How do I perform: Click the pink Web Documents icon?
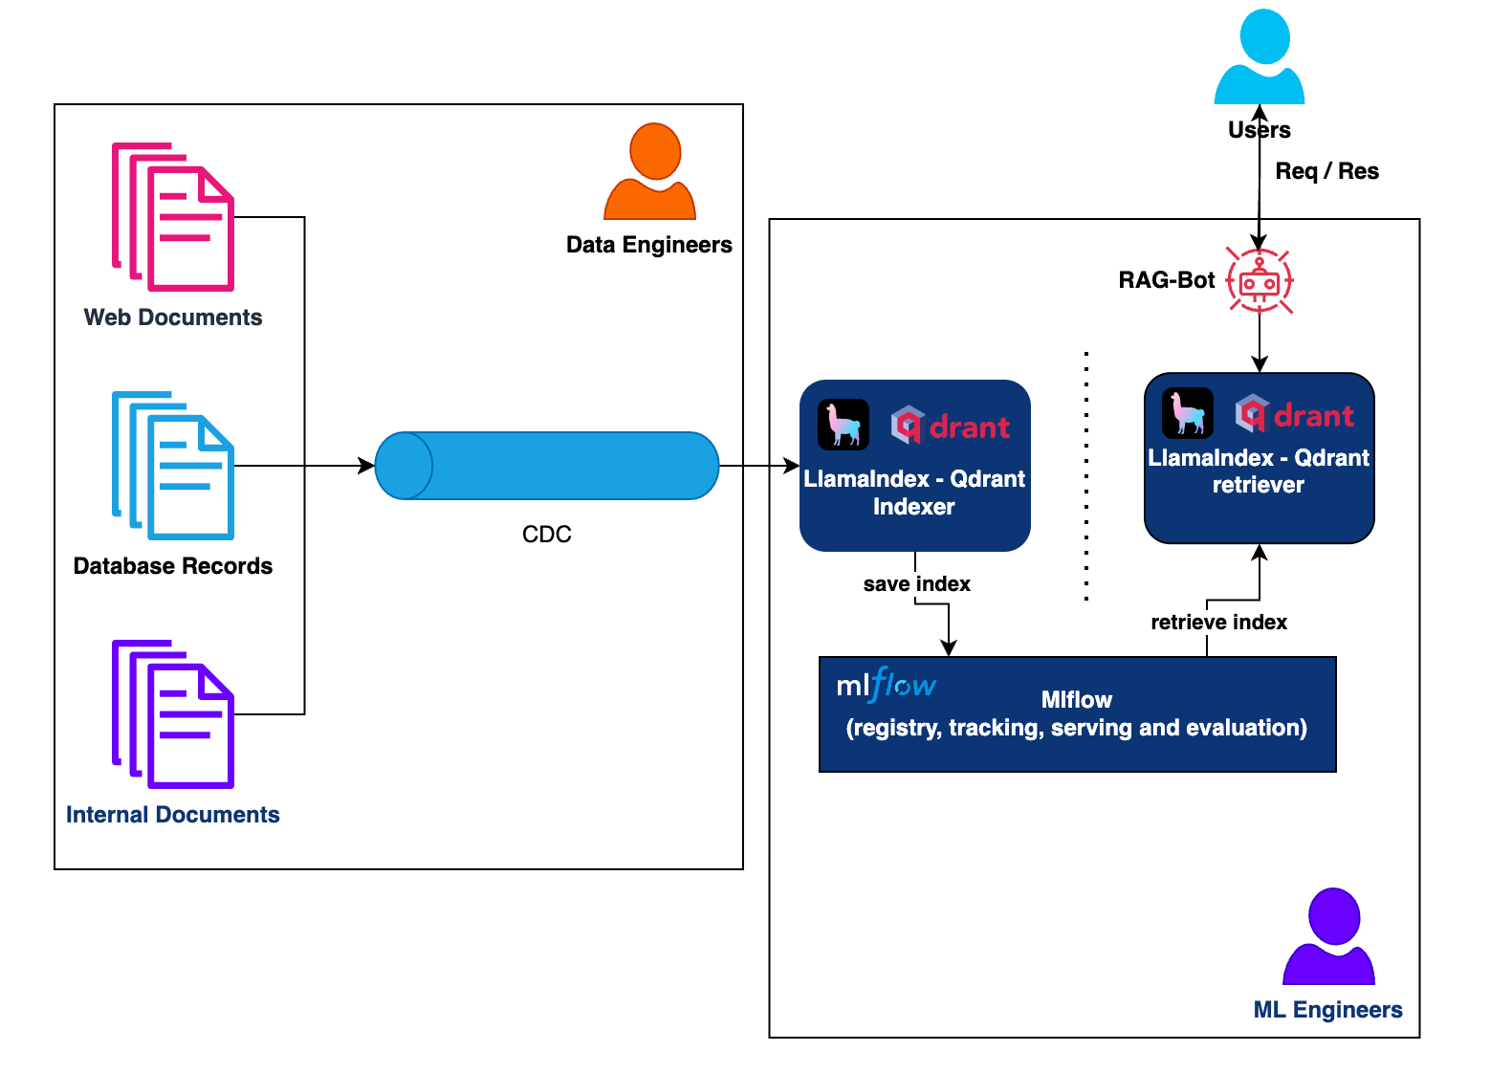[173, 217]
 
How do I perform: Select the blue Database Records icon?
[173, 466]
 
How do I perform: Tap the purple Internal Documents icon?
[173, 714]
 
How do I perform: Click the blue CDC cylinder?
[547, 466]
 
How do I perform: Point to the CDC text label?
[547, 535]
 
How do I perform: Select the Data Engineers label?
[649, 245]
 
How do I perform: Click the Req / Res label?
[1327, 171]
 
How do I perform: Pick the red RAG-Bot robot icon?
[1260, 281]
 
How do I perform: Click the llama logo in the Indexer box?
[844, 425]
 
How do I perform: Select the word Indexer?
[914, 507]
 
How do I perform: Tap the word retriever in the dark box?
[1259, 485]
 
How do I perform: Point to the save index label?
[916, 584]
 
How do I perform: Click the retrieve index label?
[1218, 623]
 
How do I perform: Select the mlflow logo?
[886, 685]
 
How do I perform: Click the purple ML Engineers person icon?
[1329, 937]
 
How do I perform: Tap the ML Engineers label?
[1327, 1010]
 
